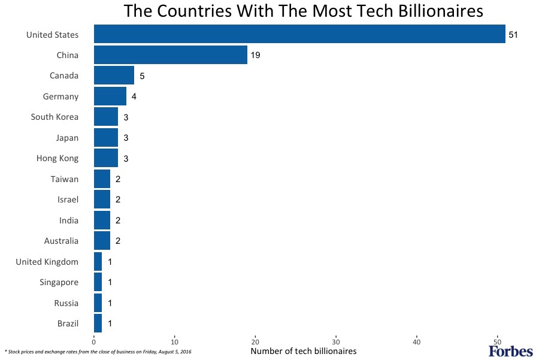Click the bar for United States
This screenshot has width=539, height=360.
point(299,34)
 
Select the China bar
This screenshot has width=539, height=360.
point(171,55)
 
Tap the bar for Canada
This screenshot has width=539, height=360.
point(114,75)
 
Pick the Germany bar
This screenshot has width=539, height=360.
point(110,96)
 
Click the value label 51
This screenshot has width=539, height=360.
point(513,35)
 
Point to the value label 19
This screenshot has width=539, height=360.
point(255,56)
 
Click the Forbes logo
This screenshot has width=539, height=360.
point(510,351)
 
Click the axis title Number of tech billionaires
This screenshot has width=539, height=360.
point(303,351)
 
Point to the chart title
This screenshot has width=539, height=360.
point(303,11)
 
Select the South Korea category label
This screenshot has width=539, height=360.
point(54,117)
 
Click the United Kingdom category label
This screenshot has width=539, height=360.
point(47,262)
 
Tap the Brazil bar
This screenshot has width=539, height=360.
point(98,323)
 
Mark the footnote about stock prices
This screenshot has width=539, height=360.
point(98,351)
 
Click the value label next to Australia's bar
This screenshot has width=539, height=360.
point(118,241)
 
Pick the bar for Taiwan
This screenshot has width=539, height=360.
point(102,179)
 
